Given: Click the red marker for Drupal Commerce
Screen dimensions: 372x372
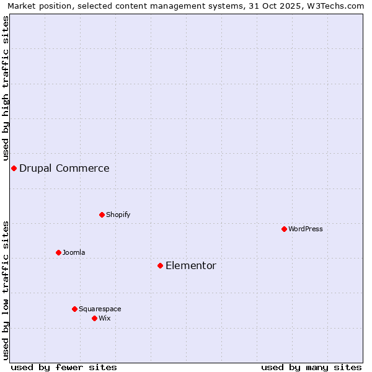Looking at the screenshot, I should (14, 168).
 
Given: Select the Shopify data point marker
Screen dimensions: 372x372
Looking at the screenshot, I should (102, 215).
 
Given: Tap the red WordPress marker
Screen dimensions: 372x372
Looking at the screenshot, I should (284, 229).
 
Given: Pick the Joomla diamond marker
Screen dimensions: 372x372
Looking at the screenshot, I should (58, 252).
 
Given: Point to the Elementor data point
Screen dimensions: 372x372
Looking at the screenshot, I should (160, 265).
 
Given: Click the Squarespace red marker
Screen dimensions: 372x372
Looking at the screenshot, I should (74, 309).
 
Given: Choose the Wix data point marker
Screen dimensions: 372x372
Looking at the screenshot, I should (94, 318).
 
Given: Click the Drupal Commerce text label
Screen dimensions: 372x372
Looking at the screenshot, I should (64, 168).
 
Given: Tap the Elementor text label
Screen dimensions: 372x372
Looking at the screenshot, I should (191, 265).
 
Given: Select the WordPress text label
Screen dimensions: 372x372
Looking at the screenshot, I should (306, 229).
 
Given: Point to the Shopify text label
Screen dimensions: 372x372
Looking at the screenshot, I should (118, 215).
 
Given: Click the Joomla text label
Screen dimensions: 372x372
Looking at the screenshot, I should (74, 252).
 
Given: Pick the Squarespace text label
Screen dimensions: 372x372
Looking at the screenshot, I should (100, 309).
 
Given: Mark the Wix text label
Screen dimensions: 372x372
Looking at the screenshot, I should (105, 318).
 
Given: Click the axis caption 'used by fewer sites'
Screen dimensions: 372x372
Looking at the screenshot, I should (64, 367).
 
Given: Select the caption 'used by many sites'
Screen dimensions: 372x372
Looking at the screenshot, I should (311, 367).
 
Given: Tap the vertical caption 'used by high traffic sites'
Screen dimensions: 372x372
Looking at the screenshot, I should (6, 89).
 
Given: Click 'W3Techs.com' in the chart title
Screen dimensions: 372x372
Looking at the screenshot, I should (337, 6).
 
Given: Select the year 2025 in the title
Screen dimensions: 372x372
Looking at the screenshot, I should (294, 6).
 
